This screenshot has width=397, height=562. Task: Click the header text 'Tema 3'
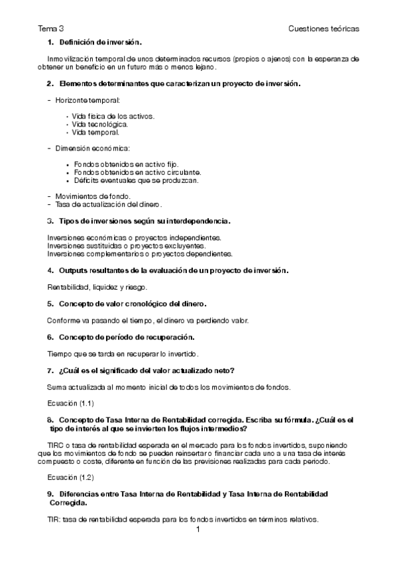(51, 29)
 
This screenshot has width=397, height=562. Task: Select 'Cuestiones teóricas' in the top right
(324, 29)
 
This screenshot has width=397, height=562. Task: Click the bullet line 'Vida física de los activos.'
(113, 116)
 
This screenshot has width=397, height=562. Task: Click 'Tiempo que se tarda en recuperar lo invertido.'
(124, 354)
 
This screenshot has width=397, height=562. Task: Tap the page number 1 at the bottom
(198, 531)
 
